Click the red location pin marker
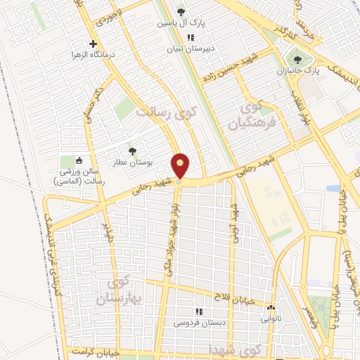click(x=181, y=167)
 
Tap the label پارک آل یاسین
click(x=182, y=23)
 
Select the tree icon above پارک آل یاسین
click(x=182, y=12)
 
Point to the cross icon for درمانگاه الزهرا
click(x=92, y=44)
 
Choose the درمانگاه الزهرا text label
click(x=99, y=54)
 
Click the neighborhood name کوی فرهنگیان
click(x=251, y=117)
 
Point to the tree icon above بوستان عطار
click(x=131, y=150)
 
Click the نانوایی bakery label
click(x=271, y=319)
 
